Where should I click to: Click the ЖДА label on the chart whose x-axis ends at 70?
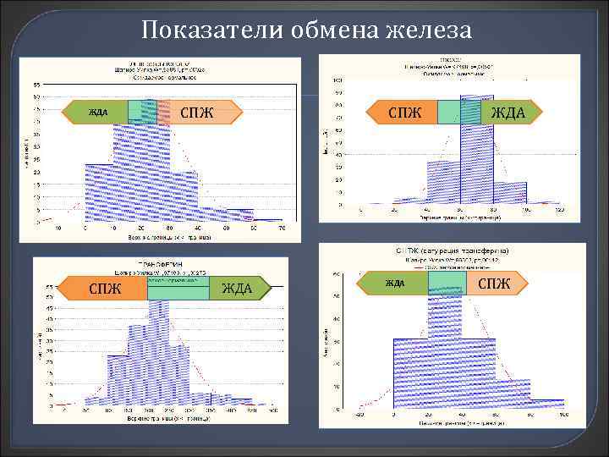[98, 112]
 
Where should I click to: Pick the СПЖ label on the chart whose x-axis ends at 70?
[197, 112]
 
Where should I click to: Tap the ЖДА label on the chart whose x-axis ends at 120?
[507, 112]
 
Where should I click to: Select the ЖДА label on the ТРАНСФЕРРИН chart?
[236, 289]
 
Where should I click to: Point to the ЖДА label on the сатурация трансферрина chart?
[395, 283]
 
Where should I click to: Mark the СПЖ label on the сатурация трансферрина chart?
[495, 283]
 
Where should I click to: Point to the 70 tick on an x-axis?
[282, 228]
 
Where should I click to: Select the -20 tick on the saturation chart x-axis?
[359, 415]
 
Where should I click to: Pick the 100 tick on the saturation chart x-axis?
[562, 415]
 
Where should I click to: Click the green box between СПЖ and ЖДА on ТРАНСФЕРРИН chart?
[178, 289]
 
